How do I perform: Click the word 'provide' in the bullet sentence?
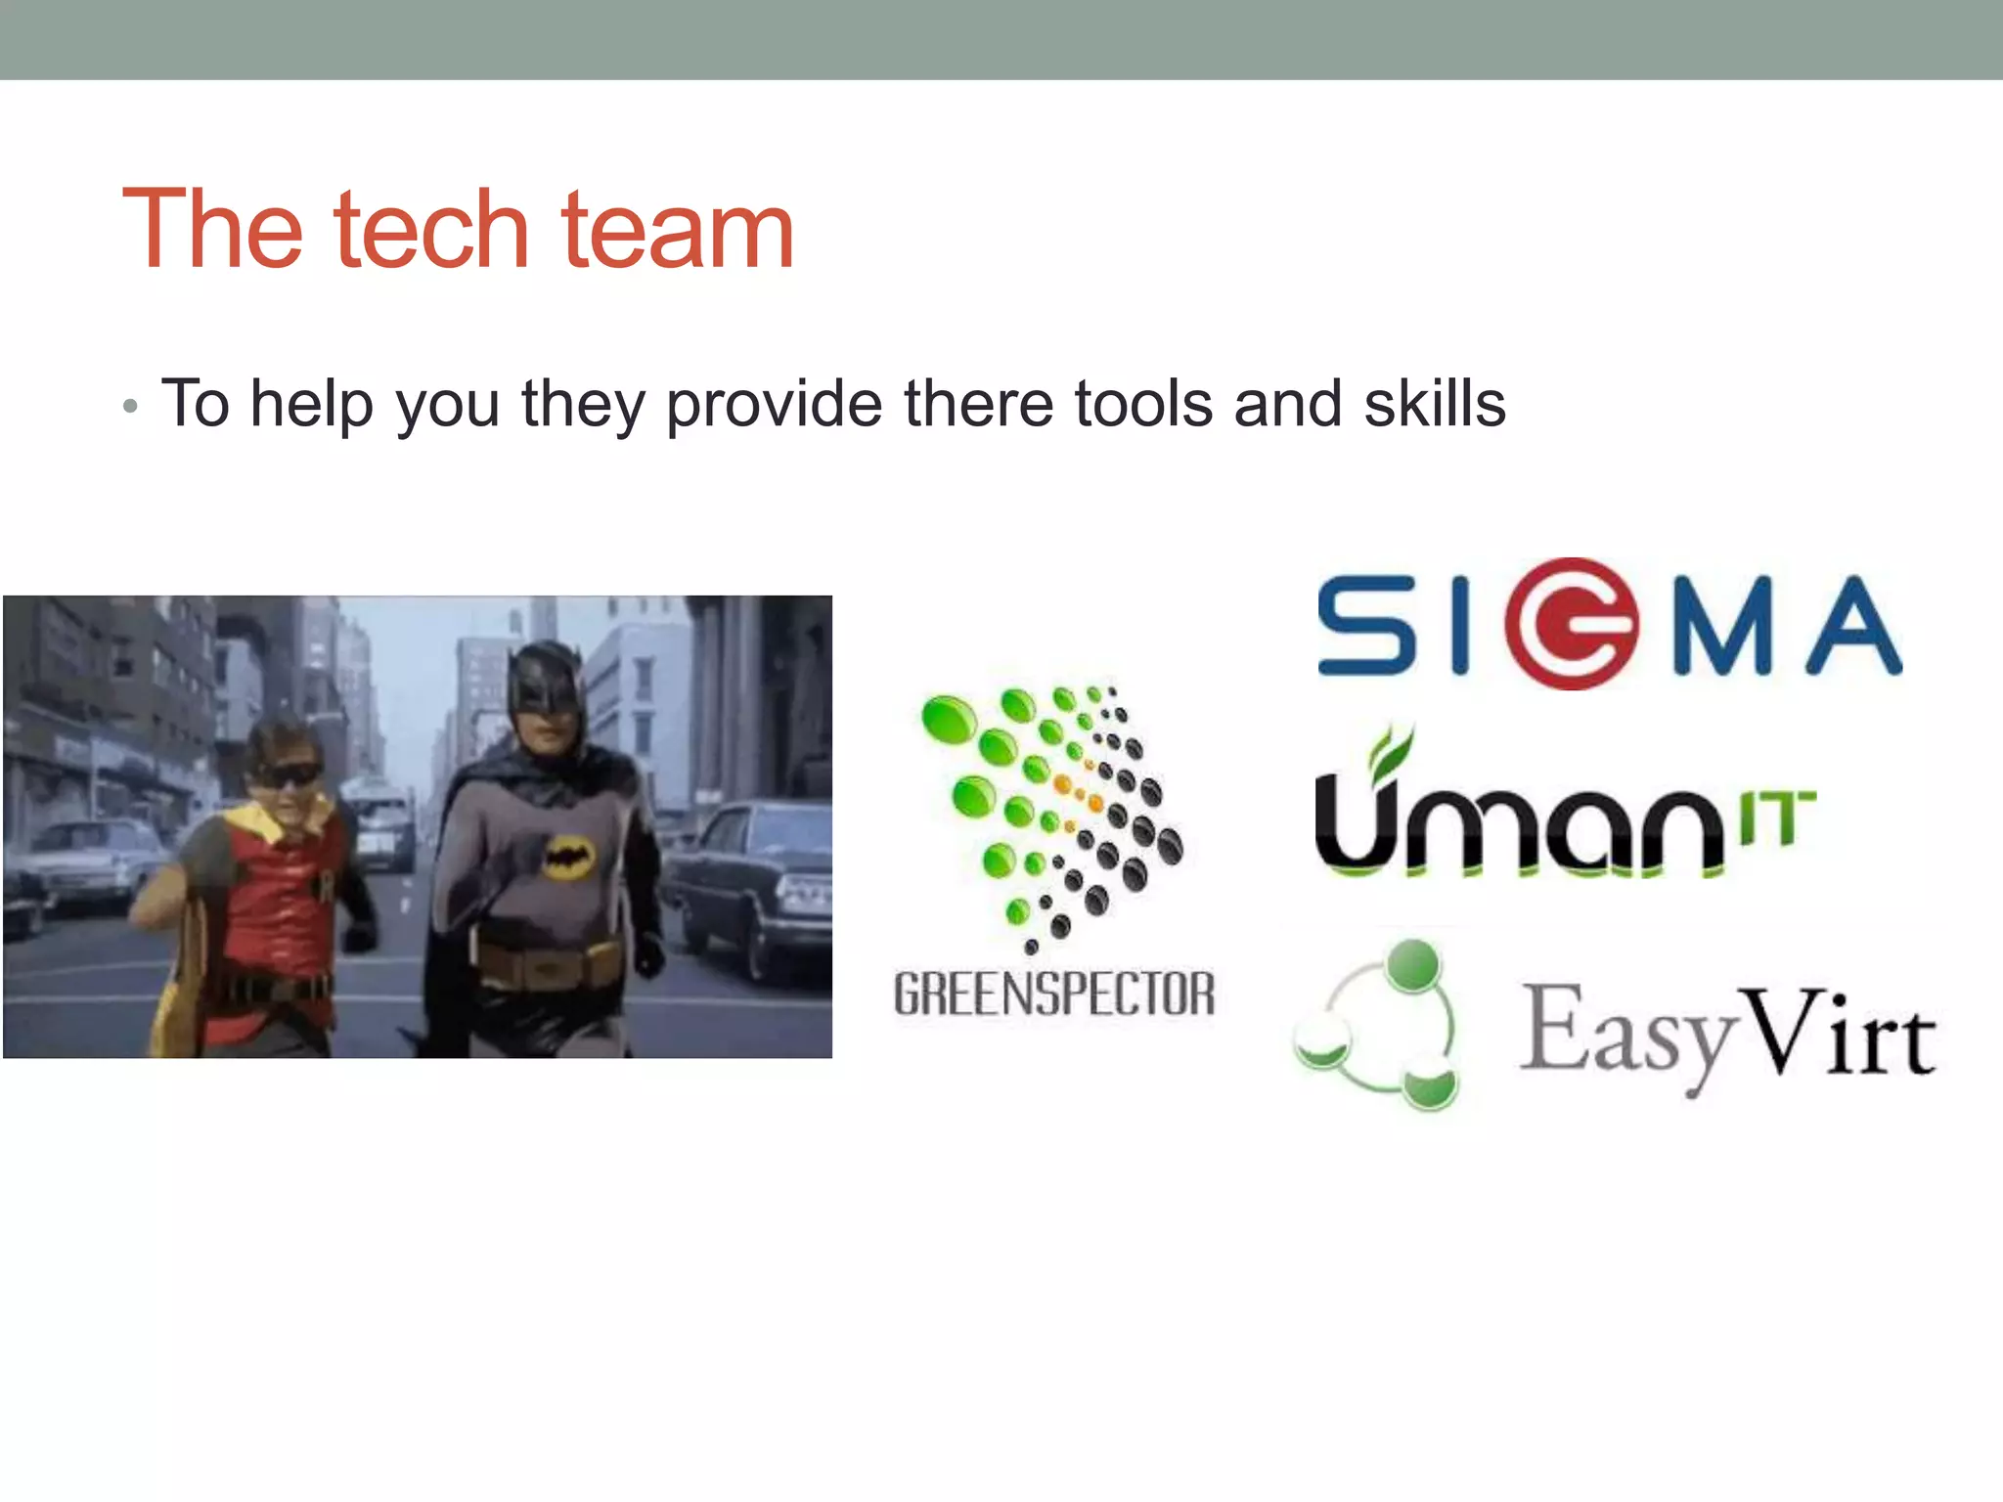pyautogui.click(x=774, y=405)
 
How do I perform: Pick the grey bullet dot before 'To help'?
pyautogui.click(x=130, y=406)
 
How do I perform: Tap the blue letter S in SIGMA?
pyautogui.click(x=1366, y=626)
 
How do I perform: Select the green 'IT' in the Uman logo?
pyautogui.click(x=1777, y=817)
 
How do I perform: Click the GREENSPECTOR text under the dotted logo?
pyautogui.click(x=1054, y=994)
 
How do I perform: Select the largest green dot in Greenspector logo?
pyautogui.click(x=948, y=720)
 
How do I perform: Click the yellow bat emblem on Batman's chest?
pyautogui.click(x=570, y=858)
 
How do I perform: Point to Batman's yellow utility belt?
pyautogui.click(x=548, y=963)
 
